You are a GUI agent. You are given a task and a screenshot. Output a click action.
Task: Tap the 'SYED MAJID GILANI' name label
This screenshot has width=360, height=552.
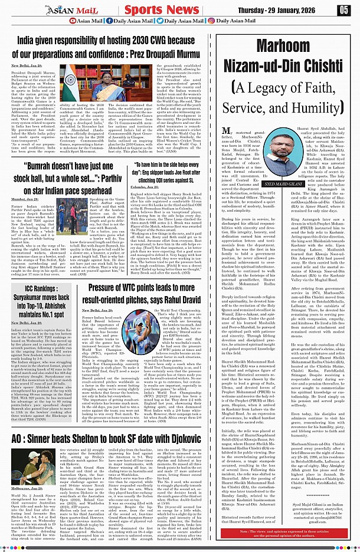299,183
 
